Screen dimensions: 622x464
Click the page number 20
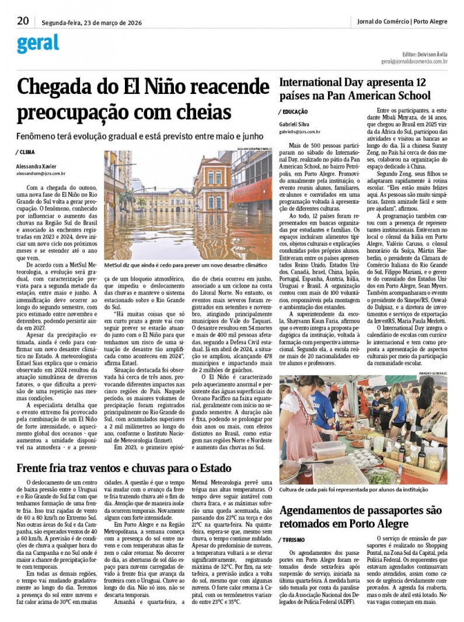(x=23, y=21)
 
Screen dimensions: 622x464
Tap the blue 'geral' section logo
(x=38, y=43)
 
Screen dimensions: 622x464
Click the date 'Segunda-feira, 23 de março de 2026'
(x=92, y=23)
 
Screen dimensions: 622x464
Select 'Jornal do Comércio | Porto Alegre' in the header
(x=402, y=22)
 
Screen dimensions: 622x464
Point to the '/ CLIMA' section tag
(x=26, y=152)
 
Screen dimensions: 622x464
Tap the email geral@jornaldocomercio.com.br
(x=414, y=61)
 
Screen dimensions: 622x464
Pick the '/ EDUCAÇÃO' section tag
(x=295, y=111)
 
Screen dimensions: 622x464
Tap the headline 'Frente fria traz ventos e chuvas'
(x=124, y=468)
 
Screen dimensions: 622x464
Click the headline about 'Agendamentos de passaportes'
(x=363, y=517)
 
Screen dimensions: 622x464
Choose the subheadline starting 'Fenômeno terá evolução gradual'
(x=140, y=136)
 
